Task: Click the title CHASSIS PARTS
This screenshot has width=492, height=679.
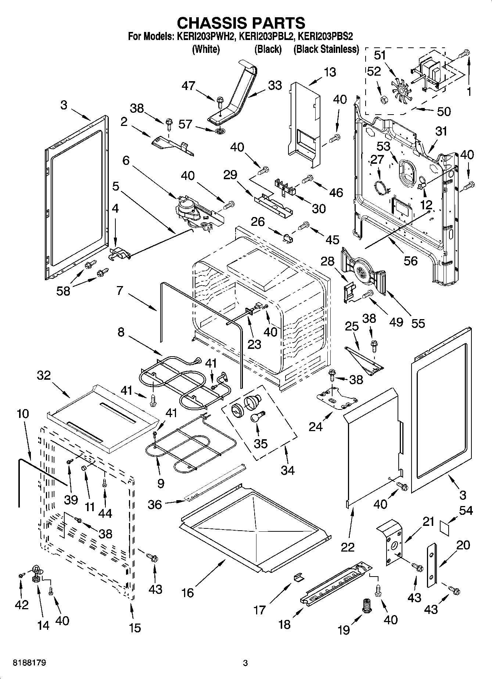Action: (241, 23)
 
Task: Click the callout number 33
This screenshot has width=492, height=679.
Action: (274, 85)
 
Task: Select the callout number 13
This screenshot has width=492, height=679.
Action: (330, 72)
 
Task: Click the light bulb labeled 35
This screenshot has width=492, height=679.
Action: (256, 418)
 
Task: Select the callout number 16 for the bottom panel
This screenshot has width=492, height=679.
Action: (187, 592)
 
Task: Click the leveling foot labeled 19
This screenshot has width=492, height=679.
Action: (367, 604)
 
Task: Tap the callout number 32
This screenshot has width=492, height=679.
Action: (43, 376)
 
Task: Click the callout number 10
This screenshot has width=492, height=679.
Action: (22, 414)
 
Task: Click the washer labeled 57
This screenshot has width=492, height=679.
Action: (219, 131)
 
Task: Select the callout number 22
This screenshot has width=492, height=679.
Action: (348, 547)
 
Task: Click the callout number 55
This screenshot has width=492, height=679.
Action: (418, 323)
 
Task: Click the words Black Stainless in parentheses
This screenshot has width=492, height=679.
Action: (326, 50)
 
